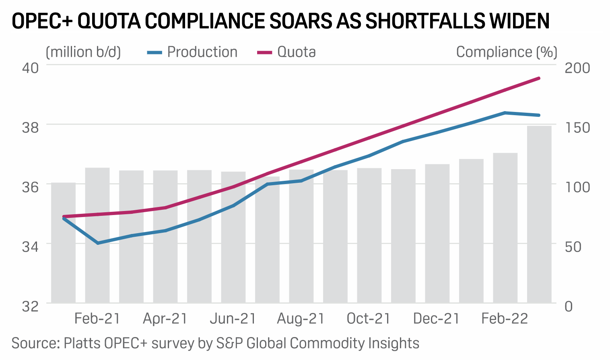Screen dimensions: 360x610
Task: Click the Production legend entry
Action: coord(192,52)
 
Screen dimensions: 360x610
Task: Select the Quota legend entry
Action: coord(286,52)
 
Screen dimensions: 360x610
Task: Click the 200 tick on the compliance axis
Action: coord(577,68)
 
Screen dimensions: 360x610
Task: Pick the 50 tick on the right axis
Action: coord(573,246)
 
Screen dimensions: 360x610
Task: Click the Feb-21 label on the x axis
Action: coord(97,319)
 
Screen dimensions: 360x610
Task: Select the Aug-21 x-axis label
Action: coord(301,319)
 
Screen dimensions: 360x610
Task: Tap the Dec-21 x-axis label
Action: coord(437,319)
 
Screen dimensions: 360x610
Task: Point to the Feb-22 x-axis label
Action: coord(505,319)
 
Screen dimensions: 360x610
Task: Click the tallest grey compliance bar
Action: coord(539,213)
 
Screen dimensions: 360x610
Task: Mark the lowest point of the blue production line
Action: coord(98,243)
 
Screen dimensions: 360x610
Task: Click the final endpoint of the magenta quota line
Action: coord(539,78)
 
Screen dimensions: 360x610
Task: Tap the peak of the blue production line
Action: coord(505,113)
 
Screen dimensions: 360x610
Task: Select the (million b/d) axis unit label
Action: coord(83,52)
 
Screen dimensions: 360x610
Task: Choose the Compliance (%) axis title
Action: coord(507,52)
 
